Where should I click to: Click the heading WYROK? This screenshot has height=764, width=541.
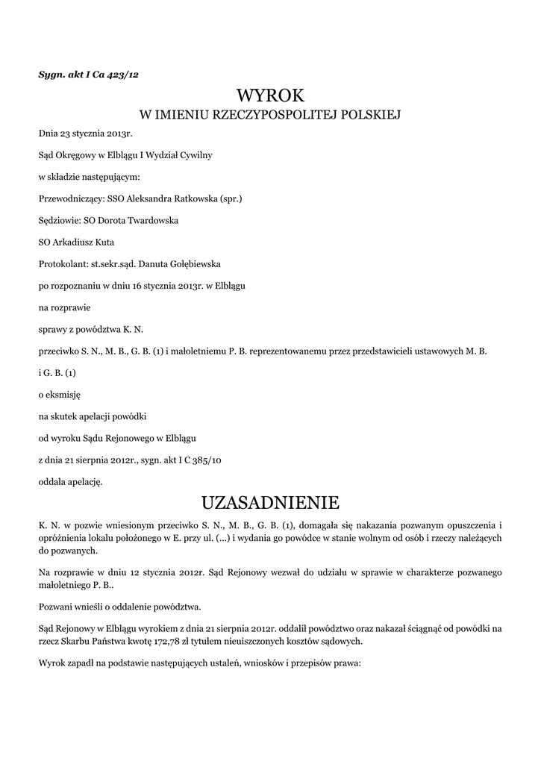click(270, 95)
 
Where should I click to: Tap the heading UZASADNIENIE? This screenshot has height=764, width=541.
click(270, 501)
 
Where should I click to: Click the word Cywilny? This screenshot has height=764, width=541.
click(196, 156)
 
